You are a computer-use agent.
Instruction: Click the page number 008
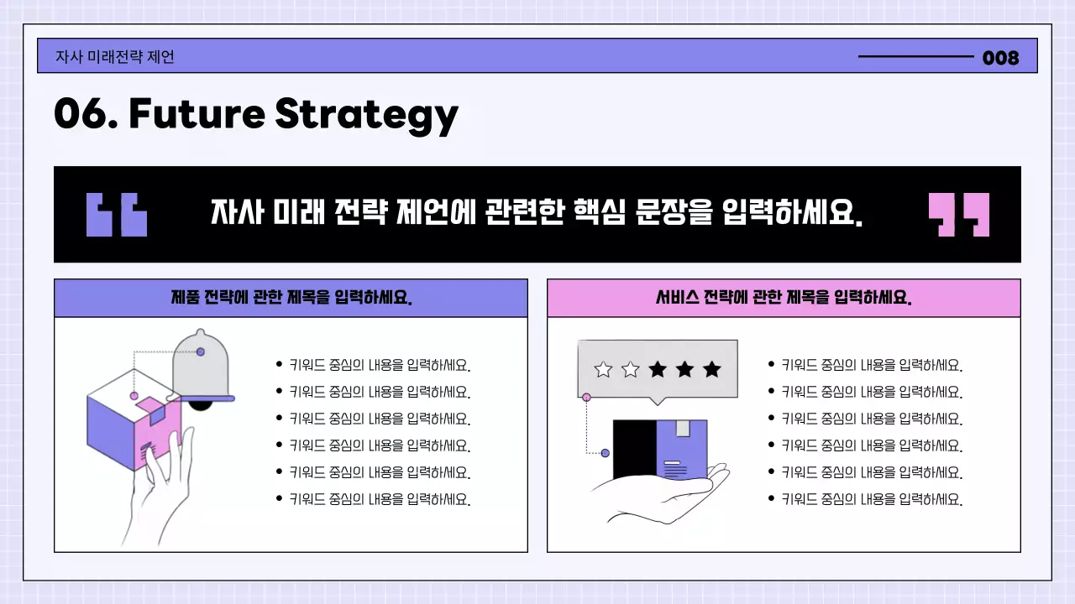tap(1000, 58)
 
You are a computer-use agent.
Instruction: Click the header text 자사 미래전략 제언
tap(115, 57)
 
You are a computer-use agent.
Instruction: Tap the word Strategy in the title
tap(366, 115)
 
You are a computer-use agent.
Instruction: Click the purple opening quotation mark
tap(117, 215)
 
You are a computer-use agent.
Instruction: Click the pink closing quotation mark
tap(958, 215)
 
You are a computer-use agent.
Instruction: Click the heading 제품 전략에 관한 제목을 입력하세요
tap(291, 298)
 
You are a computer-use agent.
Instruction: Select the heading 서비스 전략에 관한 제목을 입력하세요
tap(784, 298)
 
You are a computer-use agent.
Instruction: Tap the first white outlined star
tap(603, 369)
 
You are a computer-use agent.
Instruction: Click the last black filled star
tap(711, 369)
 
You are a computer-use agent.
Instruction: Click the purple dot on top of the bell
tap(200, 351)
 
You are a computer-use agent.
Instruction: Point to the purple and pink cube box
tap(126, 424)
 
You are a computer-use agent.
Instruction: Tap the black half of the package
tap(633, 449)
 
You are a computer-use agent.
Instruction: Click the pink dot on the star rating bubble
tap(586, 398)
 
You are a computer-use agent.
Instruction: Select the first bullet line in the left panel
tap(379, 365)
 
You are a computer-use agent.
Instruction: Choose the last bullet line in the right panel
tap(871, 499)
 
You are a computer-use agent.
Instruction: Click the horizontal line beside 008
tap(915, 57)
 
